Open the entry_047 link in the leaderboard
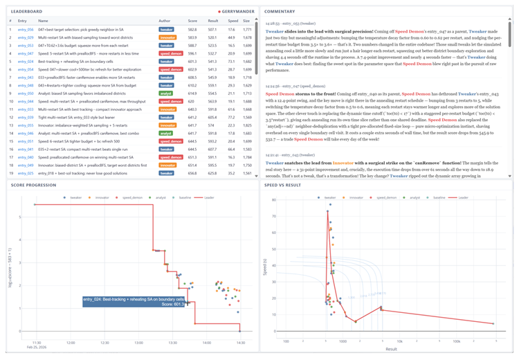25,53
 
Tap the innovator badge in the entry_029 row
167,38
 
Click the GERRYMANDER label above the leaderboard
237,12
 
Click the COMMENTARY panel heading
279,12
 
